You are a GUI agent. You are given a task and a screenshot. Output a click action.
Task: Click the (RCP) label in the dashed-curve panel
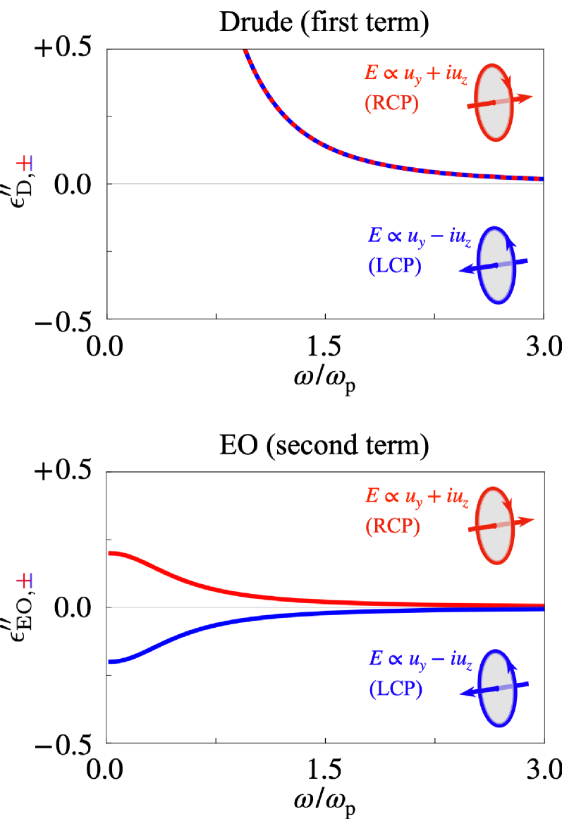(391, 104)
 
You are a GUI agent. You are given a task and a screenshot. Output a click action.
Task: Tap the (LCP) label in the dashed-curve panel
(394, 266)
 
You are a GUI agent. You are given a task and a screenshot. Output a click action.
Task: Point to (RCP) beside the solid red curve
(392, 526)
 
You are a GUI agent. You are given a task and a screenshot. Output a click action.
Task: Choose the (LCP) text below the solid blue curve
(396, 688)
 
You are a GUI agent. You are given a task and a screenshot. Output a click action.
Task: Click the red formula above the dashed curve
(416, 73)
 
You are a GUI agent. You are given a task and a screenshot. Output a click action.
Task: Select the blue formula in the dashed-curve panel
(419, 236)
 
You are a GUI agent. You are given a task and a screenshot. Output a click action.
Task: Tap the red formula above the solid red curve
(417, 496)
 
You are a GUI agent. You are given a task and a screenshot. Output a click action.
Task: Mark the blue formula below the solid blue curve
(420, 659)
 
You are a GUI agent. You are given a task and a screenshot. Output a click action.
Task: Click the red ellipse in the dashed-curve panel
(493, 102)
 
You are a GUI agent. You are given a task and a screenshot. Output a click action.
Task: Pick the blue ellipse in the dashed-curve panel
(496, 265)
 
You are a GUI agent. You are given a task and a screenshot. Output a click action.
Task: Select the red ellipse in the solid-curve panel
(494, 526)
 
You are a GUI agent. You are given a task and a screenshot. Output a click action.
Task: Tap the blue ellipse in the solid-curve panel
(497, 688)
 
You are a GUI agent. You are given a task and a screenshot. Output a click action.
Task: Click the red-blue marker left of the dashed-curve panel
(25, 164)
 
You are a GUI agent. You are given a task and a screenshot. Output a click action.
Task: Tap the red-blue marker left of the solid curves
(25, 581)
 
